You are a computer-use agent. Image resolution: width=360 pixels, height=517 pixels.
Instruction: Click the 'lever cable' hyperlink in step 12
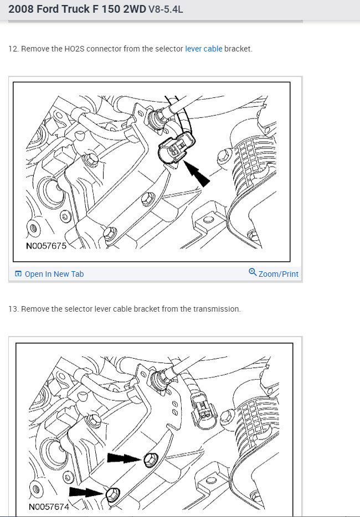pos(204,49)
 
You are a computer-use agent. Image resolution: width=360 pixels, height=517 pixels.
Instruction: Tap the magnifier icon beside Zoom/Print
pos(253,272)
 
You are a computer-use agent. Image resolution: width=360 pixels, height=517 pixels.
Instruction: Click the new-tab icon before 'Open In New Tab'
pos(18,273)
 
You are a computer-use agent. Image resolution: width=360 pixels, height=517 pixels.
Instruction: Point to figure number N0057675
pos(46,246)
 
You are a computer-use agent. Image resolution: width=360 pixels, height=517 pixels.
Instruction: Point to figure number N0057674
pos(49,506)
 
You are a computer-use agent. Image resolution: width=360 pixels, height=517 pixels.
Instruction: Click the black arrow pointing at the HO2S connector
pos(197,174)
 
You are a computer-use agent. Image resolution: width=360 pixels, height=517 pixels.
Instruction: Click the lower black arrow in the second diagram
pos(86,492)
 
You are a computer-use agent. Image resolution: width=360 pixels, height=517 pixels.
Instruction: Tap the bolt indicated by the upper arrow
pos(151,459)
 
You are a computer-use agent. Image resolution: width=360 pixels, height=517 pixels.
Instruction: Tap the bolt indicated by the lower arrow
pos(113,494)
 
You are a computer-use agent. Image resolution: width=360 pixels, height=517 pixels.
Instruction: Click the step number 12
pos(13,49)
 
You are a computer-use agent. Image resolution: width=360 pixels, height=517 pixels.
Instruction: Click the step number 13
pos(13,309)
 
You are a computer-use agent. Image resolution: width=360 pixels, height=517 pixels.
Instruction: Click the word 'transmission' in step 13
pos(217,309)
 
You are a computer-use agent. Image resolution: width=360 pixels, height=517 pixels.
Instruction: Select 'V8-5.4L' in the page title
pos(166,9)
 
